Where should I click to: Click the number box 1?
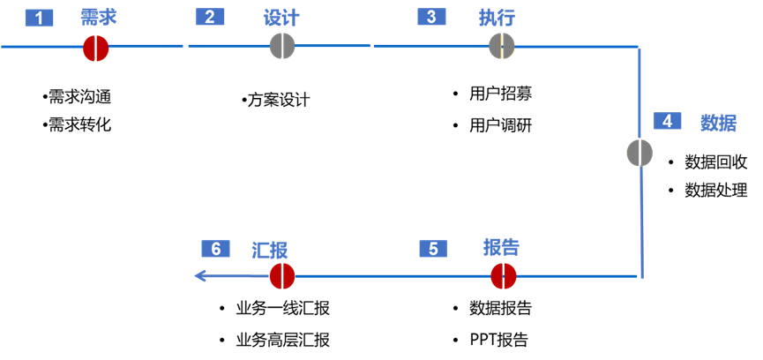click(39, 18)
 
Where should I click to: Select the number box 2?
click(210, 17)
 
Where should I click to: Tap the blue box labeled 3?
click(431, 17)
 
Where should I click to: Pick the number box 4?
click(667, 121)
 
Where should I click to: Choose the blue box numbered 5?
click(433, 249)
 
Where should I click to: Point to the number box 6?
click(215, 249)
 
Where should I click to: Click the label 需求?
click(98, 18)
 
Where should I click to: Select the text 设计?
click(281, 18)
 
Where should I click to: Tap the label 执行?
click(497, 18)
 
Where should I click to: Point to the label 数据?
click(718, 123)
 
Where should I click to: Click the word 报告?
click(501, 247)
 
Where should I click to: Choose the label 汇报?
click(269, 250)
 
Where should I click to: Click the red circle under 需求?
click(95, 48)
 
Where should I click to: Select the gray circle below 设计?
click(282, 46)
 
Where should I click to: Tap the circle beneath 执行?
click(502, 46)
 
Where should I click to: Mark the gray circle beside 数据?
click(640, 153)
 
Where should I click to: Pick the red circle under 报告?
click(504, 276)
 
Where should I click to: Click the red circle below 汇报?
click(282, 276)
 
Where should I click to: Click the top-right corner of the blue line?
click(639, 47)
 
